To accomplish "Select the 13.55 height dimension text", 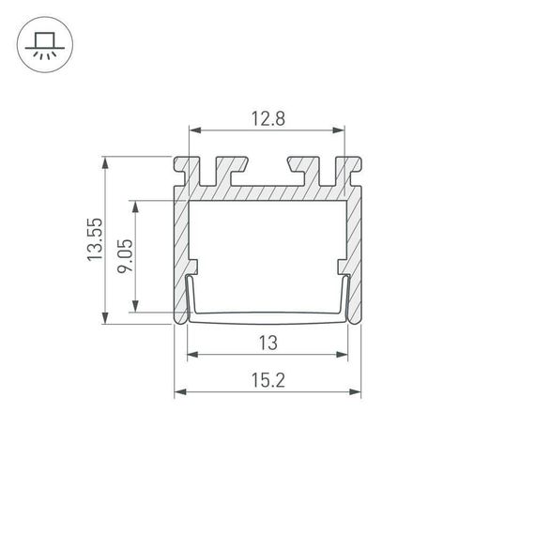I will coord(94,239).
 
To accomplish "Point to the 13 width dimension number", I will coord(267,343).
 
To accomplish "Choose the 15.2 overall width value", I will coord(267,379).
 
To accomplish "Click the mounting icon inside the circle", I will coord(43,45).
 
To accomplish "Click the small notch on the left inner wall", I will coord(194,267).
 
